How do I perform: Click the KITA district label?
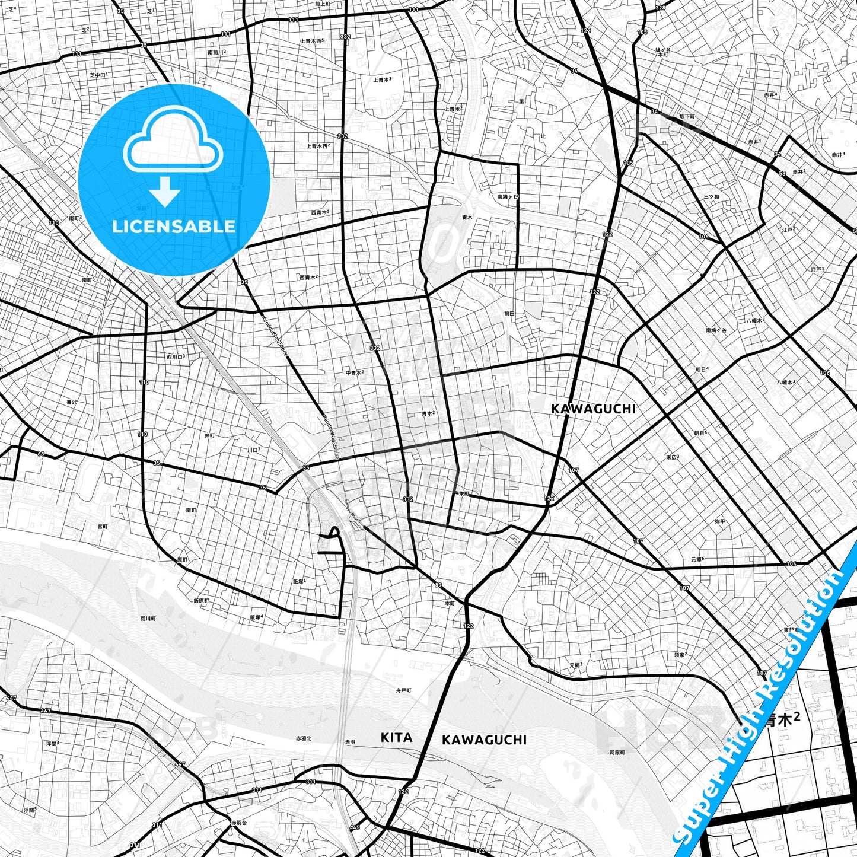coord(396,738)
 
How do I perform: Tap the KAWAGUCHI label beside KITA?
coord(484,740)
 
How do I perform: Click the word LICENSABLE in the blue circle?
coord(174,226)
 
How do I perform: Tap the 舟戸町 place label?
coord(403,690)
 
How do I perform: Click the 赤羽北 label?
coord(304,739)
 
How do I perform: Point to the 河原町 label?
coord(617,753)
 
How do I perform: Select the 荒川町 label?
coord(148,618)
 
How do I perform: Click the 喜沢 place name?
coord(71,402)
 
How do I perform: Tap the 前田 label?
coord(509,313)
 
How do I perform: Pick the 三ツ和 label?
coord(711,196)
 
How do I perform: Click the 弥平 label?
coord(720,521)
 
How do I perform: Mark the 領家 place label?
coord(680,655)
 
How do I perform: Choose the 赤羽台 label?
coord(237,823)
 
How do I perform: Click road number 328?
coord(660,8)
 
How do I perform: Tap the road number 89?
coord(438,586)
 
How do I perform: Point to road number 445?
coord(355,827)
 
